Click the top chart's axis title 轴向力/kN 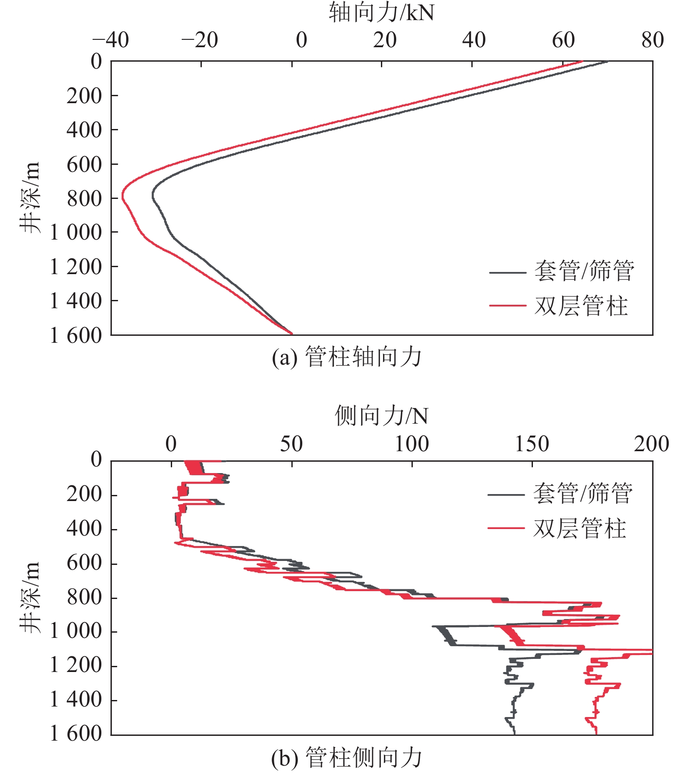[x=381, y=12]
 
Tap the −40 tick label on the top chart [x=111, y=40]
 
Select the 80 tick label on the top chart [x=652, y=40]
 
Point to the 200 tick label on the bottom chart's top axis [x=651, y=444]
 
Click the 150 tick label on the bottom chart [x=532, y=444]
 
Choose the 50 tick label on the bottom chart [x=291, y=444]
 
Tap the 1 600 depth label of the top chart [x=76, y=335]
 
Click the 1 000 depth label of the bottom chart [x=76, y=631]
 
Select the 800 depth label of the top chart [x=84, y=198]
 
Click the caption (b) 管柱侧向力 [x=346, y=757]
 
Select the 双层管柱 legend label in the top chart [x=581, y=305]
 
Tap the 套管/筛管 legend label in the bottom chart [x=583, y=493]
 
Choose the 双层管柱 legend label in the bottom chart [x=580, y=528]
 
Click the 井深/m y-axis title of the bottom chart [x=30, y=597]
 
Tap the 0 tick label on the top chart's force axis [x=301, y=40]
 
